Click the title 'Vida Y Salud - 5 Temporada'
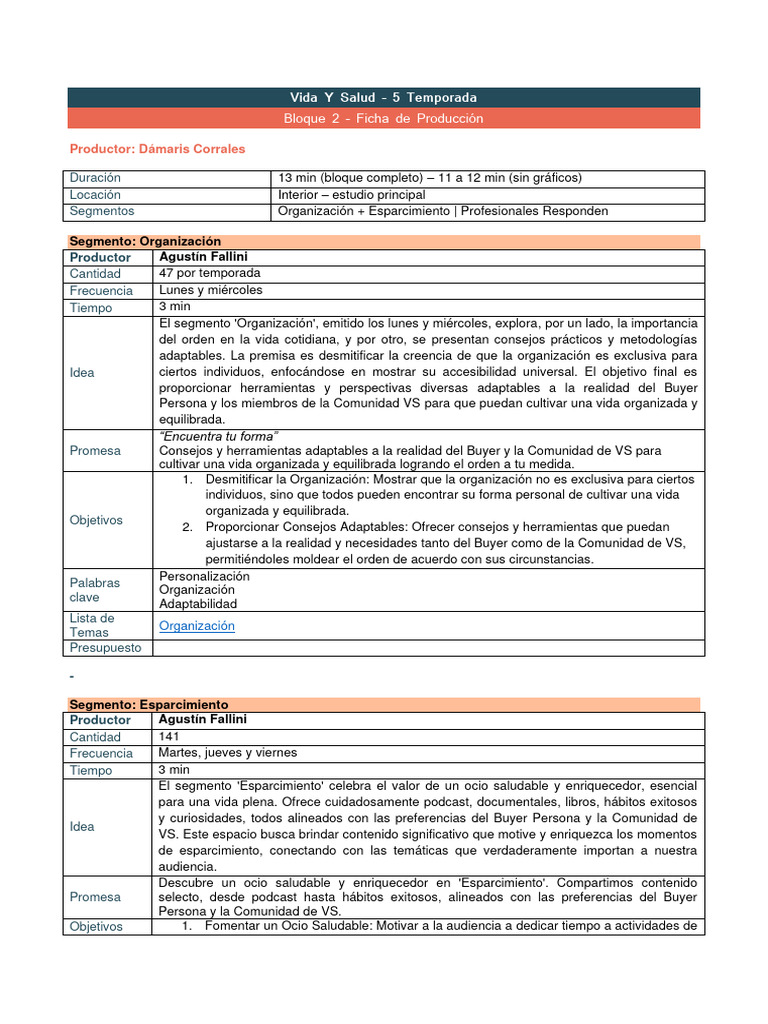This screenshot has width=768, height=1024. point(383,97)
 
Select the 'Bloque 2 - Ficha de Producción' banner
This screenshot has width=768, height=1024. point(383,118)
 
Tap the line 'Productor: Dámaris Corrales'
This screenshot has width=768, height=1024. point(157,149)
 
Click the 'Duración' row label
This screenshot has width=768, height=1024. point(95,178)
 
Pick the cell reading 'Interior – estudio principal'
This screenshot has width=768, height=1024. point(351,195)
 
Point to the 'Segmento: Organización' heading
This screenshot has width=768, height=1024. point(144,241)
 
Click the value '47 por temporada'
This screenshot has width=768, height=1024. point(209,273)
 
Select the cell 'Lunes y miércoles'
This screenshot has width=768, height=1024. point(210,290)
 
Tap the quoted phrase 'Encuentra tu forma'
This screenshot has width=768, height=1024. point(218,436)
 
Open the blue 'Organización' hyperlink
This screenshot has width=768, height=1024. point(197,626)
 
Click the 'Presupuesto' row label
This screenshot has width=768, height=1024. point(105,647)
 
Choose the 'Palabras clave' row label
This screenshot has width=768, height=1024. point(95,589)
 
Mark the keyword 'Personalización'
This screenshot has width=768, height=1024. point(205,576)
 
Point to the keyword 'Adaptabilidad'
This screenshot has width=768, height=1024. point(198,604)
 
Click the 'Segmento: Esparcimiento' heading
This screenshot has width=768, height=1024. point(148,704)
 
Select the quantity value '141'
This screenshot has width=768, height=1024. point(169,736)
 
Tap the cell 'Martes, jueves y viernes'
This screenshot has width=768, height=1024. point(227,753)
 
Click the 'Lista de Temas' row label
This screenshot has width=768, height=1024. point(92,625)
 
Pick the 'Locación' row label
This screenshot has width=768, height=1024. point(95,195)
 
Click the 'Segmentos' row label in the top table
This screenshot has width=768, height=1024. point(101,211)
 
